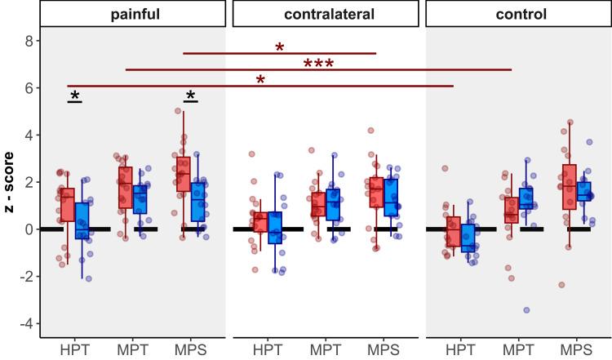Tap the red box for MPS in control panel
pos(569,187)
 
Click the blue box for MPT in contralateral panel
pos(333,204)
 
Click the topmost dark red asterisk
pos(280,48)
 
